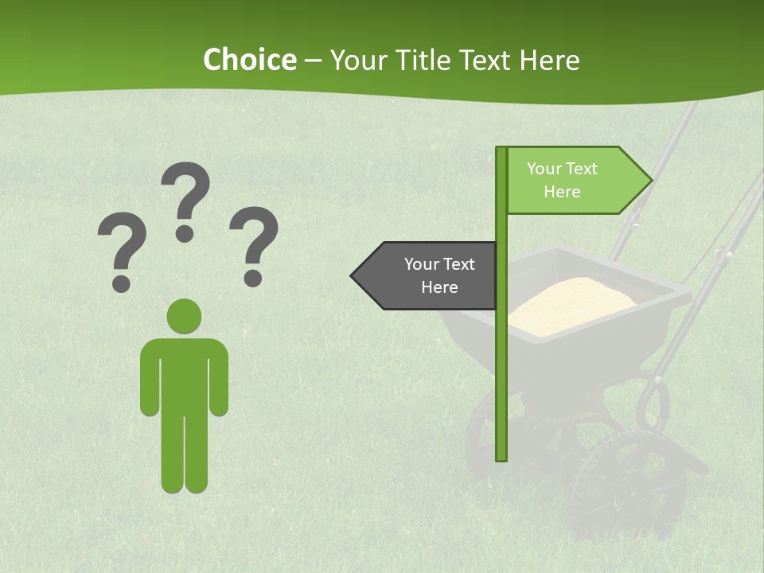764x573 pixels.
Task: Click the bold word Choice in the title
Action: pos(249,60)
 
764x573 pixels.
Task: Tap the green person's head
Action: pos(184,316)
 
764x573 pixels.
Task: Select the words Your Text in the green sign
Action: pos(562,169)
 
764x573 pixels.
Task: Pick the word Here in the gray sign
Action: pos(439,287)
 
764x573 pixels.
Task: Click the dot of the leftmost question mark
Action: pos(122,283)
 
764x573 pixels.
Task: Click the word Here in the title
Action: pos(549,60)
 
